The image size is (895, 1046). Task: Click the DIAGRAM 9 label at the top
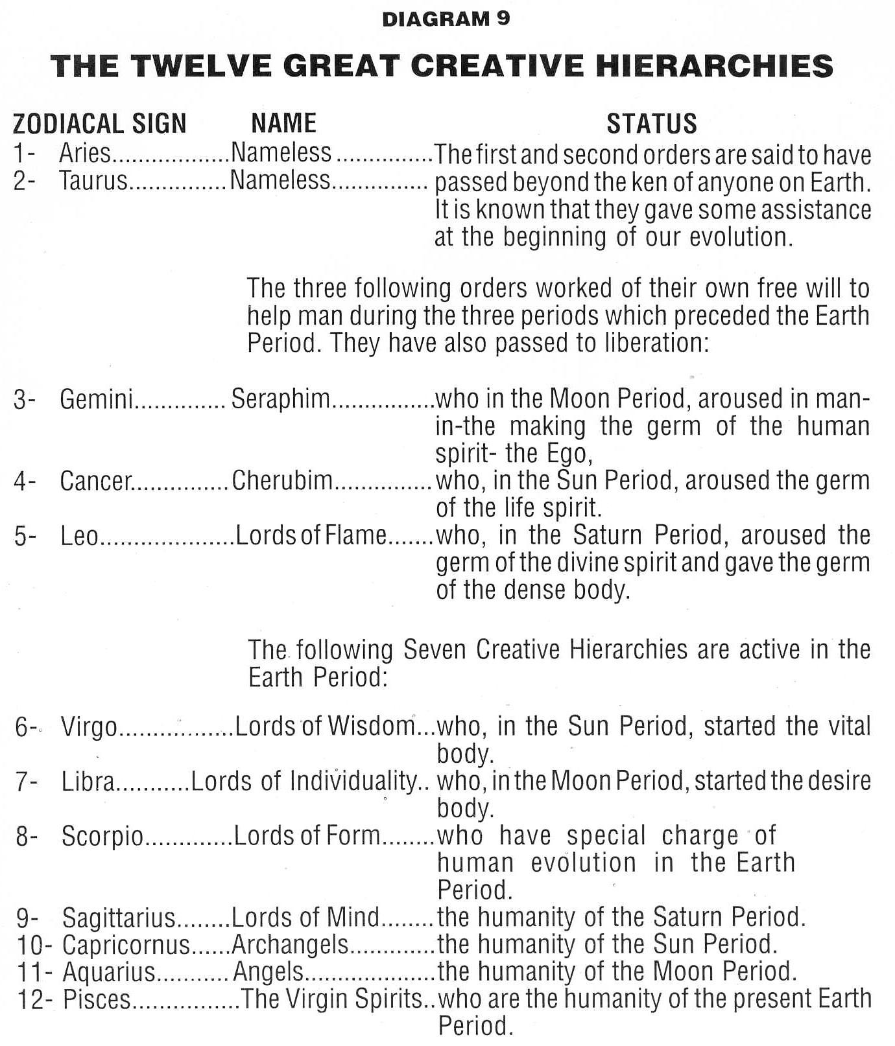(446, 19)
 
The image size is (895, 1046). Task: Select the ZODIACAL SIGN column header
(100, 123)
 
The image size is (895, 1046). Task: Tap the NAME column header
(284, 122)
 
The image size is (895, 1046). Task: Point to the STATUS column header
(651, 123)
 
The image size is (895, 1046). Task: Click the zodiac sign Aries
(85, 154)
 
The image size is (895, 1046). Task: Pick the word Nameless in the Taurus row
(280, 180)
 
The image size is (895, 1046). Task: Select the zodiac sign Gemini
(96, 399)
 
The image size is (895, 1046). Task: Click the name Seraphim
(281, 399)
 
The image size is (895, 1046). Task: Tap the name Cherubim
(282, 481)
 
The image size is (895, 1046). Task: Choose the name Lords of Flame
(311, 536)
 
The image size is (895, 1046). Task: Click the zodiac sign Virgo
(89, 727)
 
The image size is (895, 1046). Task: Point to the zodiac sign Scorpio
(102, 837)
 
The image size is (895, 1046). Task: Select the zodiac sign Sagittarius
(119, 918)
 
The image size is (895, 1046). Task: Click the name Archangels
(290, 945)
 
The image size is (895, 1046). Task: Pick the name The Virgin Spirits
(331, 999)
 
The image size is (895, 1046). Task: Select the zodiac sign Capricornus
(126, 945)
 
